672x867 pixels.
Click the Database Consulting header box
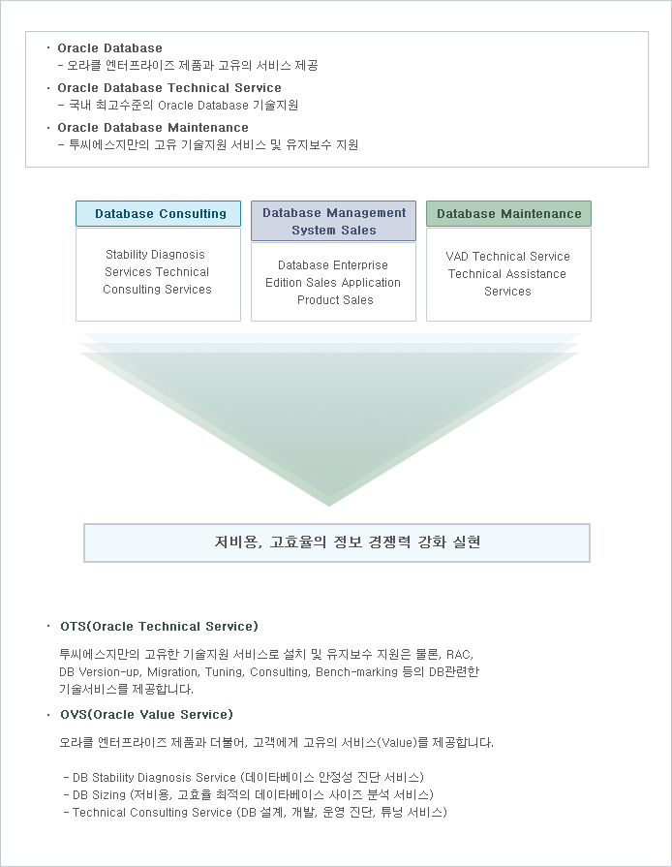click(158, 213)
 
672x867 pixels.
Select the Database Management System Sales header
click(333, 221)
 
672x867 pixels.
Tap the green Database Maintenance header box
click(508, 213)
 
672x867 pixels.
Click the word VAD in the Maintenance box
click(457, 257)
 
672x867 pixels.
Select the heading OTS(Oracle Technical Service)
click(159, 627)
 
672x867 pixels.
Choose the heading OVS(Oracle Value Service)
click(146, 714)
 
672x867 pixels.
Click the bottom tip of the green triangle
click(329, 506)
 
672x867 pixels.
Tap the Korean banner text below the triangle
click(347, 542)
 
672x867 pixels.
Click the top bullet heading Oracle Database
click(110, 48)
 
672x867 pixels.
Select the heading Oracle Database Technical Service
click(169, 88)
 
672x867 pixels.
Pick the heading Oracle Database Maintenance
click(153, 128)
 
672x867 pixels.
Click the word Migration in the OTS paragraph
click(172, 672)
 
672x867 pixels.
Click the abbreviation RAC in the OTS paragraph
click(459, 655)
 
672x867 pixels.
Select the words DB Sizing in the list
click(99, 795)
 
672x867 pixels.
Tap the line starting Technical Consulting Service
click(256, 813)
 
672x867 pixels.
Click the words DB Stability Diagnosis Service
click(154, 778)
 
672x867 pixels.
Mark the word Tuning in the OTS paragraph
click(224, 672)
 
